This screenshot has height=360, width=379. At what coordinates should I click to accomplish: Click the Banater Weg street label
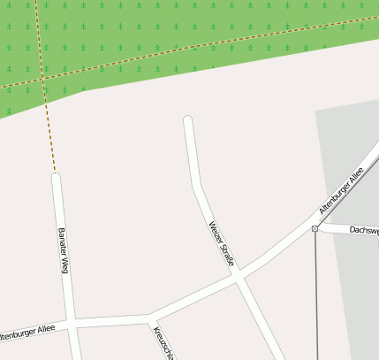[63, 250]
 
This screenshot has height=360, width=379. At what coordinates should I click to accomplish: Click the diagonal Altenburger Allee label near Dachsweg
[341, 193]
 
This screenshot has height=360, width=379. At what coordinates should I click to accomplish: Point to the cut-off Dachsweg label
[363, 230]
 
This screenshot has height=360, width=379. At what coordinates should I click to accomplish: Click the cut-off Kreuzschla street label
[164, 343]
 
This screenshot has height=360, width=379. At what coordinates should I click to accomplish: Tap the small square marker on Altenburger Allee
[315, 229]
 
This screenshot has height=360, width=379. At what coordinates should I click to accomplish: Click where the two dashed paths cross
[42, 79]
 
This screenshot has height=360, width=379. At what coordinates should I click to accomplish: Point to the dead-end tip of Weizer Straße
[187, 120]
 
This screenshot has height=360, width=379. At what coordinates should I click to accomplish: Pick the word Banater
[62, 241]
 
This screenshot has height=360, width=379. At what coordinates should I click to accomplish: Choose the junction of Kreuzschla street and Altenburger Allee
[150, 316]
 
